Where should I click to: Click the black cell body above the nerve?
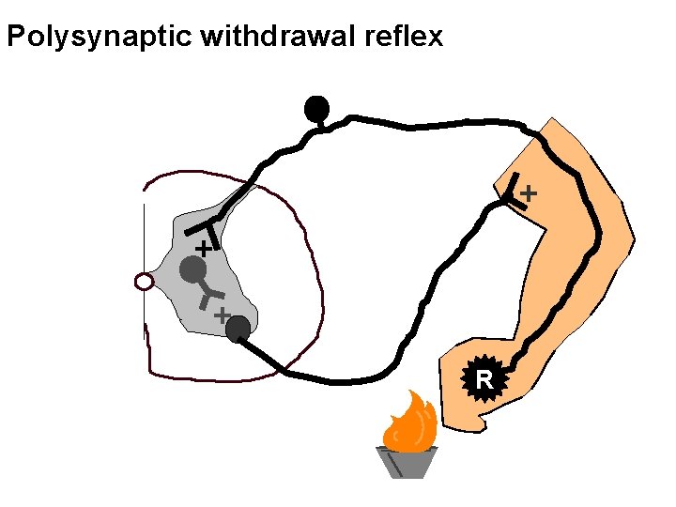[317, 109]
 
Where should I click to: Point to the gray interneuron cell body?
[192, 270]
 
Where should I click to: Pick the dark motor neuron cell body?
[238, 329]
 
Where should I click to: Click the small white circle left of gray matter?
[144, 281]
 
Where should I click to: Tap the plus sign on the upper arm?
[529, 192]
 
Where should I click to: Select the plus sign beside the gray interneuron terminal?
[222, 316]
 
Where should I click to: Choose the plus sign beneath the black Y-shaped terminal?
[201, 249]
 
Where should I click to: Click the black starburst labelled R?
[484, 380]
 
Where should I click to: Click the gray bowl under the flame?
[406, 462]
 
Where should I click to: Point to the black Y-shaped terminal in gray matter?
[205, 228]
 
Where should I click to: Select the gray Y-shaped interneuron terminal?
[208, 299]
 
